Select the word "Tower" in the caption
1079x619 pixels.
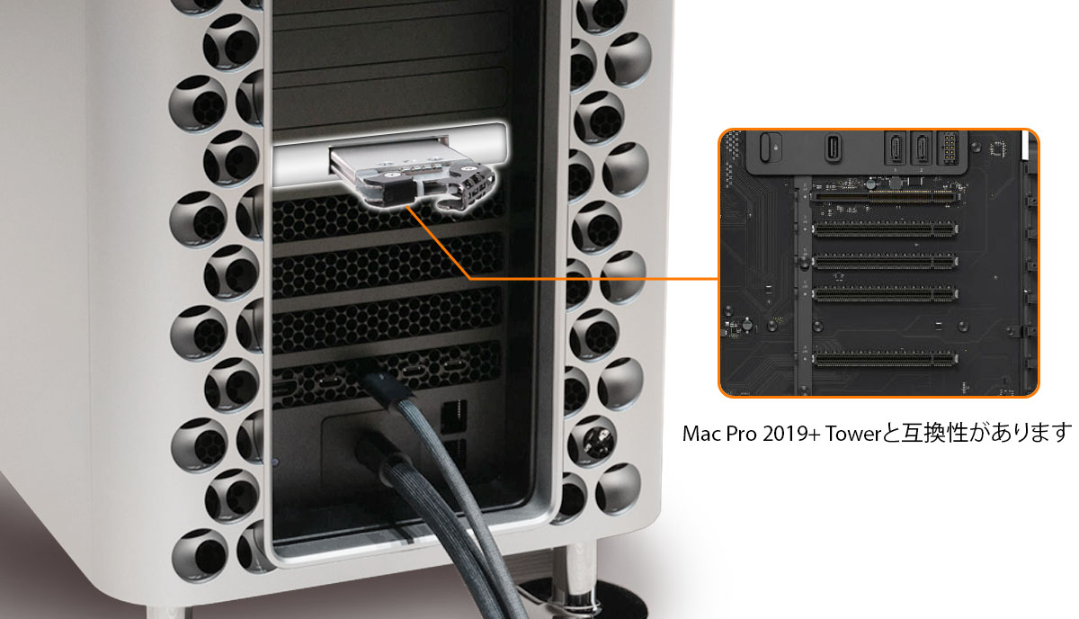coord(853,434)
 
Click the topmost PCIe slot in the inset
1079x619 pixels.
coord(884,197)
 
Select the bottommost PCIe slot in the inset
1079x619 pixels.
coord(885,359)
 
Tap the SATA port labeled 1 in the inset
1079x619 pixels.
coord(895,148)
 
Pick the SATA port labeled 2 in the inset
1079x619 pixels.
coord(921,148)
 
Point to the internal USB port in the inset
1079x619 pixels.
coord(833,148)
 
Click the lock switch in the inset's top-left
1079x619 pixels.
coord(770,147)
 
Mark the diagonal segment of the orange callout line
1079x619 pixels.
coord(439,243)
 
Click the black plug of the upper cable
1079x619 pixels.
coord(379,381)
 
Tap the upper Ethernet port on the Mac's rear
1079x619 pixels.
coord(454,417)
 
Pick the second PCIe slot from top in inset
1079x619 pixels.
coord(885,229)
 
